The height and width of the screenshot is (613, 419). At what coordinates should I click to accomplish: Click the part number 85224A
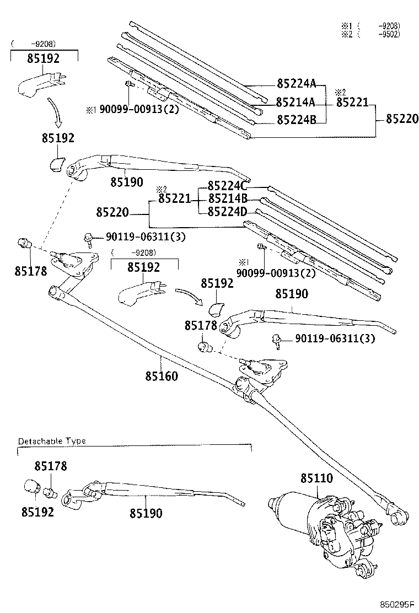tap(296, 84)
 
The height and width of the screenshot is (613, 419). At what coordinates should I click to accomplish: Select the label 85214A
tap(296, 102)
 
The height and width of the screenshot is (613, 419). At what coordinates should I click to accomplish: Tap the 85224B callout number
tap(296, 119)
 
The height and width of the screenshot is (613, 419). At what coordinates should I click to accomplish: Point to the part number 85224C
tap(227, 186)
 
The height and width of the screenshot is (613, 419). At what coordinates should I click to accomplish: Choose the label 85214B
tap(227, 200)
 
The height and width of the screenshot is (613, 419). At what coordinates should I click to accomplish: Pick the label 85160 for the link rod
tap(162, 377)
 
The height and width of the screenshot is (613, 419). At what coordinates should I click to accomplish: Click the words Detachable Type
tap(52, 442)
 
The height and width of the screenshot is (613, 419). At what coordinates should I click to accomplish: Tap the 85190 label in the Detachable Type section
tap(146, 513)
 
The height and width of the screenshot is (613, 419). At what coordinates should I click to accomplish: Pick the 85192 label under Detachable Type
tap(37, 512)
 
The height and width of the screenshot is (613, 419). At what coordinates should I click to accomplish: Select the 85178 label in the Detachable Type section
tap(50, 466)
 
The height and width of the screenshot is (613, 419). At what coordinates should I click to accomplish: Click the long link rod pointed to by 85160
tap(165, 353)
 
